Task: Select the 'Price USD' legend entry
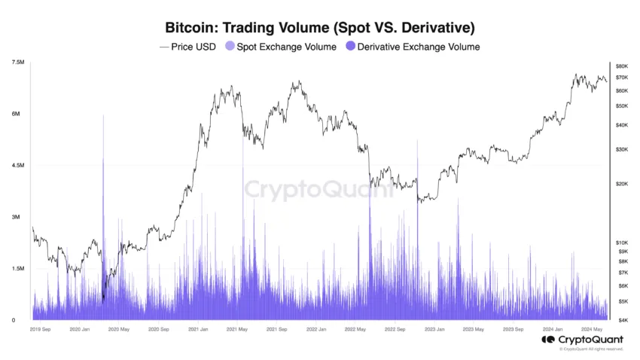pos(187,47)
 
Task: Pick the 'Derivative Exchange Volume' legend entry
pos(413,47)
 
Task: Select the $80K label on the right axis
pos(622,66)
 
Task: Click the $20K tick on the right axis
pos(622,184)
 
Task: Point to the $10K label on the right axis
pos(622,243)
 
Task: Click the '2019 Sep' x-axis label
pos(40,329)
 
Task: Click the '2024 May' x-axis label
pos(591,329)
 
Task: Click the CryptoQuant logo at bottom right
pos(582,339)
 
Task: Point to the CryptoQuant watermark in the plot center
pos(319,188)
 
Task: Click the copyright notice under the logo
pos(591,349)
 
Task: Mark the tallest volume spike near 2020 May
pos(103,117)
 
